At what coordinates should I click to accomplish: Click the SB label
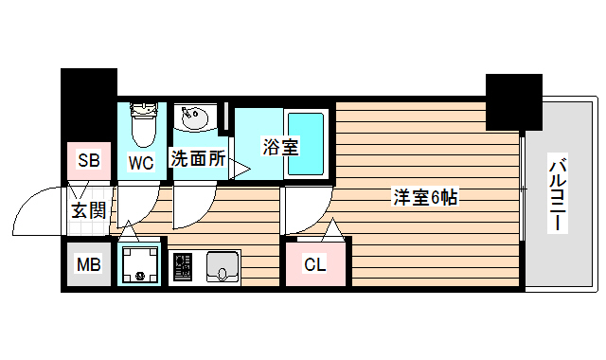[89, 160]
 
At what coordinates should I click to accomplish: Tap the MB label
[88, 264]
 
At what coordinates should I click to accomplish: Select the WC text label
[141, 161]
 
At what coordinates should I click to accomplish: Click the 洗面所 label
[198, 158]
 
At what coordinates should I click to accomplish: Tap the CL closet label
[314, 264]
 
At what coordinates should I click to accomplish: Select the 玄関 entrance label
[88, 209]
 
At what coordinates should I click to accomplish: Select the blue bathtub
[306, 142]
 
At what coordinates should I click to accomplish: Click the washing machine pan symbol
[139, 264]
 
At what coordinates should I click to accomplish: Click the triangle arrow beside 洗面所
[240, 169]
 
